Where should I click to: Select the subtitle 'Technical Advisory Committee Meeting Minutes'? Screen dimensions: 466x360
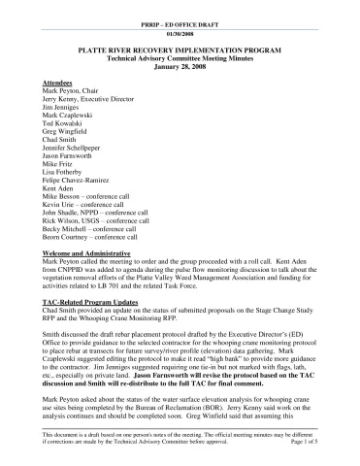point(180,53)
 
